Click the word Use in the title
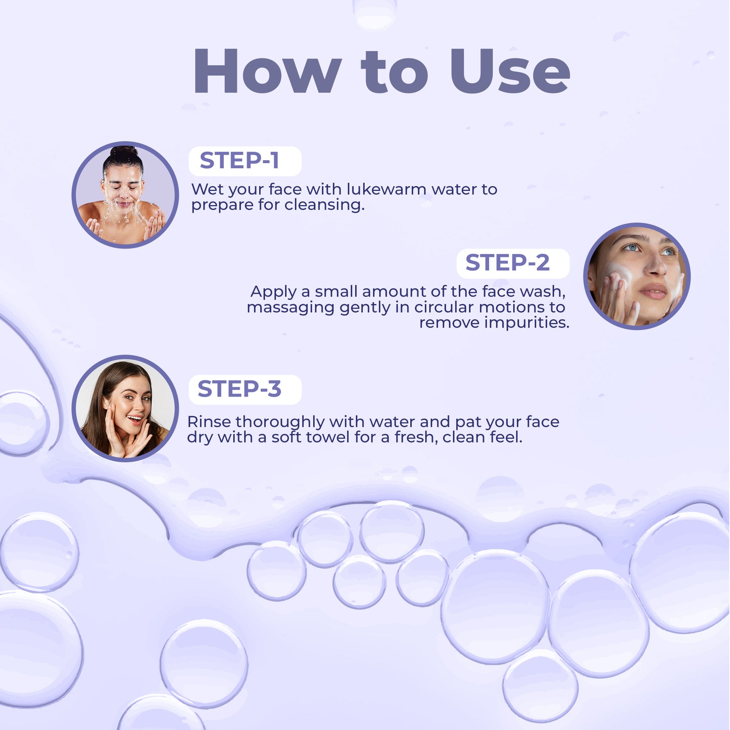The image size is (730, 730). [x=510, y=72]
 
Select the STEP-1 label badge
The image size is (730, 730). [x=245, y=161]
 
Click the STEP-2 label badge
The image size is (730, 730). [x=512, y=263]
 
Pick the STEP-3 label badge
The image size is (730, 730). [x=245, y=390]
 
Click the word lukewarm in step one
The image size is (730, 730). [x=386, y=189]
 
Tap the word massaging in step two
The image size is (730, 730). [x=290, y=308]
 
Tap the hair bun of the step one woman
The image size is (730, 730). [x=124, y=152]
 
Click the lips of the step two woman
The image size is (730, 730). [x=653, y=291]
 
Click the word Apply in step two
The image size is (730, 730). [x=273, y=293]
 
